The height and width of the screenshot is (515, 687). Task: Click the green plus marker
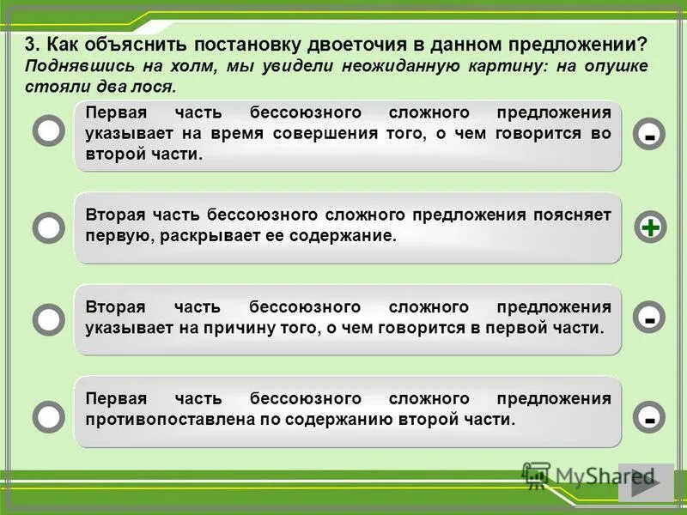pyautogui.click(x=651, y=227)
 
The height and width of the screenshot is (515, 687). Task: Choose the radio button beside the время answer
pyautogui.click(x=49, y=130)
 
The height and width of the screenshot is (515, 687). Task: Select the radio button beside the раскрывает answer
pyautogui.click(x=49, y=227)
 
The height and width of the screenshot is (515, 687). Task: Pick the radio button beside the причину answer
pyautogui.click(x=49, y=319)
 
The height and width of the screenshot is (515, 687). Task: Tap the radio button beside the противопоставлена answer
pyautogui.click(x=49, y=416)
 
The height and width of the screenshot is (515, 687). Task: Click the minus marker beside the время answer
pyautogui.click(x=651, y=135)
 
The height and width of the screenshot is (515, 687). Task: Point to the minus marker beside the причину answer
pyautogui.click(x=651, y=318)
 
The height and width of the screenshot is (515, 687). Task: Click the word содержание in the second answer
pyautogui.click(x=352, y=235)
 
